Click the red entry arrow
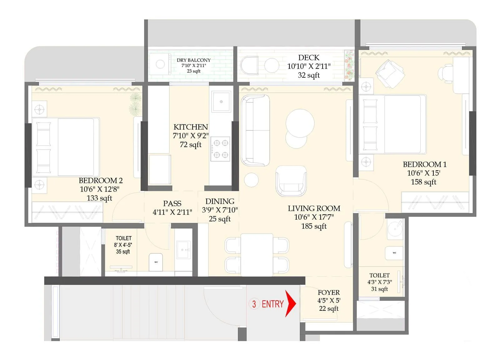pyautogui.click(x=291, y=303)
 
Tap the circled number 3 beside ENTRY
pyautogui.click(x=254, y=304)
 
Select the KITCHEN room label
pyautogui.click(x=191, y=127)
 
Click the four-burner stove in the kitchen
pyautogui.click(x=220, y=149)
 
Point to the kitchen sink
pyautogui.click(x=221, y=102)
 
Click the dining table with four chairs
pyautogui.click(x=257, y=255)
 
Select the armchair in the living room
pyautogui.click(x=291, y=181)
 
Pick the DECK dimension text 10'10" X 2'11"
pyautogui.click(x=309, y=66)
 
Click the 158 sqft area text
pyautogui.click(x=423, y=182)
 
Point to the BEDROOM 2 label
pyautogui.click(x=101, y=180)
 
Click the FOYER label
pyautogui.click(x=328, y=292)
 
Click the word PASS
pyautogui.click(x=172, y=203)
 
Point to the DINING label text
pyautogui.click(x=220, y=201)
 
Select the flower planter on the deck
pyautogui.click(x=349, y=65)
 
